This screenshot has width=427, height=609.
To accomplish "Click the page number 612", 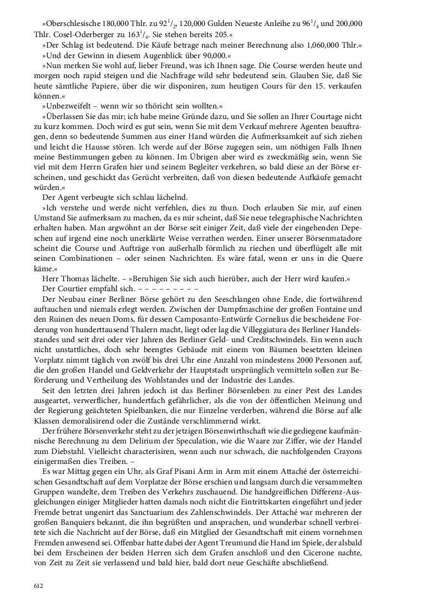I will click(x=38, y=585).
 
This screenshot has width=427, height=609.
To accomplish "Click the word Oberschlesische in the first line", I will click(x=73, y=24).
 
